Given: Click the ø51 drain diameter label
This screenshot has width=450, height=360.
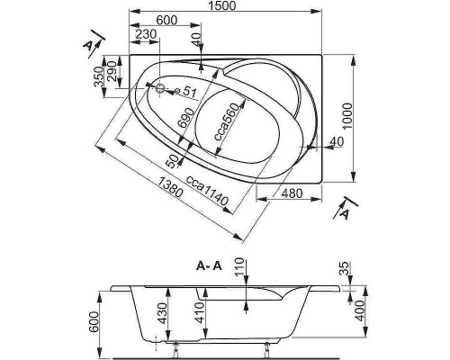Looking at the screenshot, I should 186,91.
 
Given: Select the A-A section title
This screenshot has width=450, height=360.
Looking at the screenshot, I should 209,265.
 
